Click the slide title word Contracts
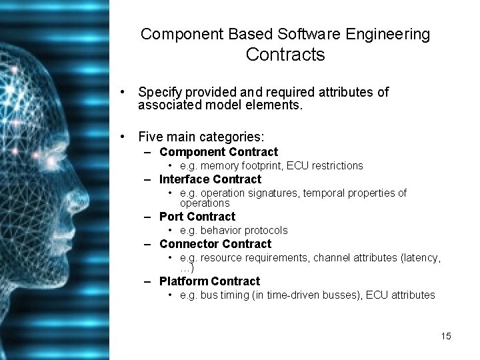285,55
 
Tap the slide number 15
446,336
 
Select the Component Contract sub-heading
219,152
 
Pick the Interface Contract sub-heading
211,179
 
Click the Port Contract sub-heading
197,217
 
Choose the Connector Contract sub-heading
215,244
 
